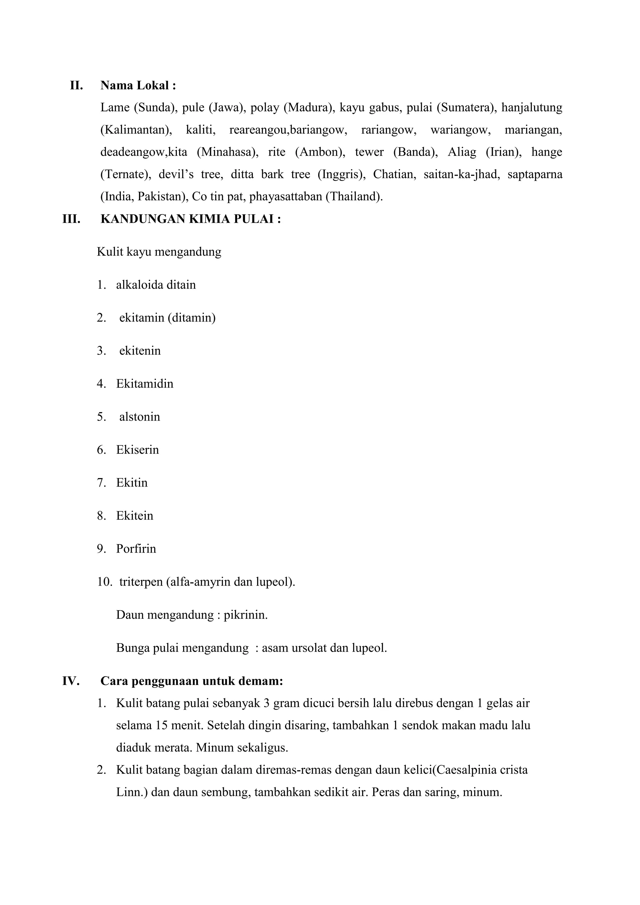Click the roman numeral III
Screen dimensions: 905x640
pos(71,219)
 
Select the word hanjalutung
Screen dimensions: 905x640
pos(532,107)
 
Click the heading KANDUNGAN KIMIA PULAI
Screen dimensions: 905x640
pos(191,219)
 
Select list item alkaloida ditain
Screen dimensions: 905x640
pos(156,285)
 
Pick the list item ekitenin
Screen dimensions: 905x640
pos(140,351)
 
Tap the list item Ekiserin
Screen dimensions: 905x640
pos(137,450)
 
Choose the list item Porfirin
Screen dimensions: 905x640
pos(136,549)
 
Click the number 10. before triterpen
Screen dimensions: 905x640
pos(105,582)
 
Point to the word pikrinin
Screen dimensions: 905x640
pos(246,615)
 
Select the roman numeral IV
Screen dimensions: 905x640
pos(71,681)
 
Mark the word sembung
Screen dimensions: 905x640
pos(226,792)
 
